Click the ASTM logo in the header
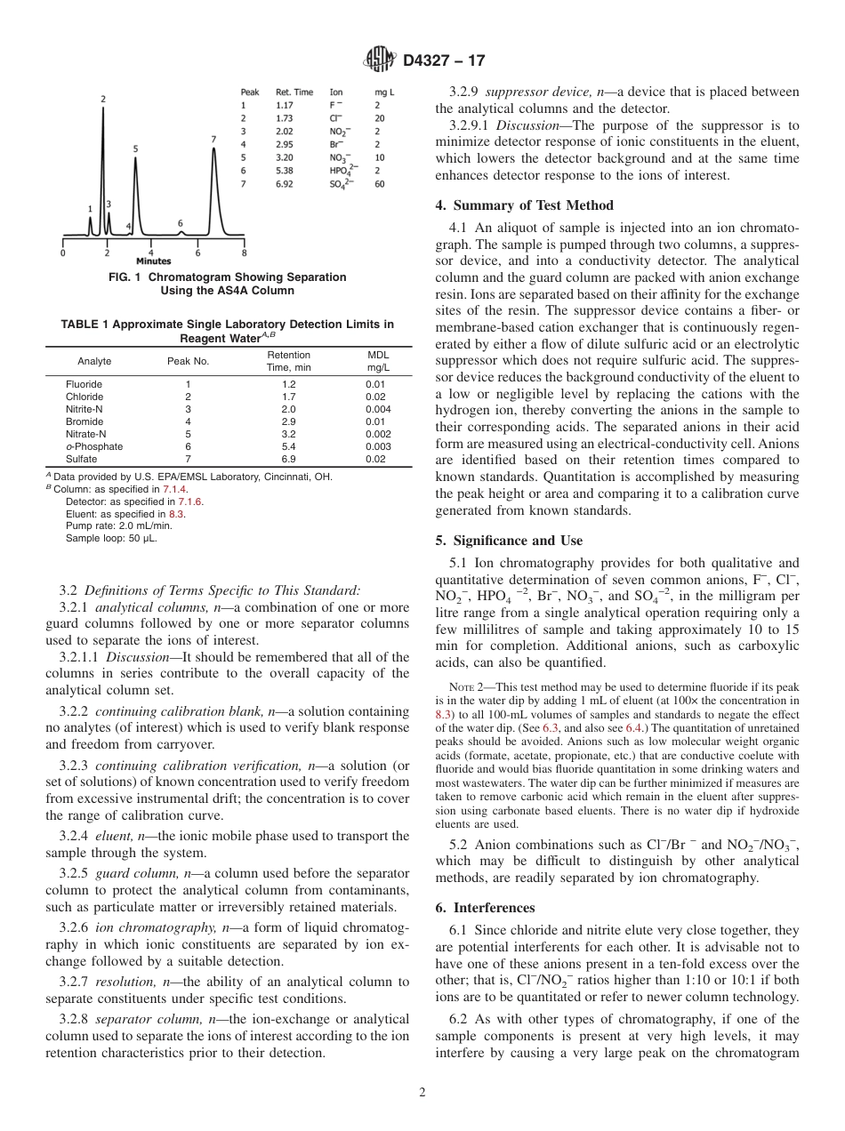pyautogui.click(x=381, y=60)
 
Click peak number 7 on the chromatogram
pyautogui.click(x=213, y=140)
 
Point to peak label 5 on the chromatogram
pyautogui.click(x=135, y=149)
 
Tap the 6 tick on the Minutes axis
pyautogui.click(x=198, y=253)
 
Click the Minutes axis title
pyautogui.click(x=154, y=261)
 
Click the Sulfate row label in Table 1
pyautogui.click(x=81, y=459)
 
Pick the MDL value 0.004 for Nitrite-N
pyautogui.click(x=377, y=409)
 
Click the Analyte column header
pyautogui.click(x=94, y=361)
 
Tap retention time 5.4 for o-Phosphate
pyautogui.click(x=276, y=446)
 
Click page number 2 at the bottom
pyautogui.click(x=422, y=1093)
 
